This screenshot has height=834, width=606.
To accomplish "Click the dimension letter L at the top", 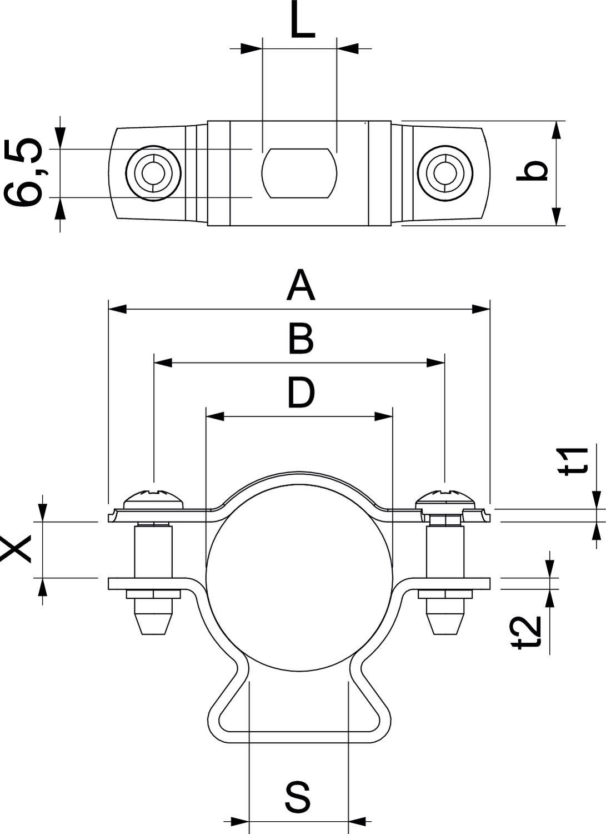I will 303,21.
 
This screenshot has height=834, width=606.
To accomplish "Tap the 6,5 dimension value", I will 23,173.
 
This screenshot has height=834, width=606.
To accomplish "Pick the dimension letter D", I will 301,393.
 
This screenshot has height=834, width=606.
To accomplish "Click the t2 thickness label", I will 526,633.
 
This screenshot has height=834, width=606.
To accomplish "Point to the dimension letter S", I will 299,796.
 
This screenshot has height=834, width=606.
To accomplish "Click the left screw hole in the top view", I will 153,173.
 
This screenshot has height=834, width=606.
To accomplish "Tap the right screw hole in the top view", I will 445,173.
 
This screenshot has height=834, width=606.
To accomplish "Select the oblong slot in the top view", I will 299,173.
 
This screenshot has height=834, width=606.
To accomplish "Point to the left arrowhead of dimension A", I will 117,309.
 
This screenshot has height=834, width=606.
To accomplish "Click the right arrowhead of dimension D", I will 384,416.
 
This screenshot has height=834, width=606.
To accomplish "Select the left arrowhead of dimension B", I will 163,363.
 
